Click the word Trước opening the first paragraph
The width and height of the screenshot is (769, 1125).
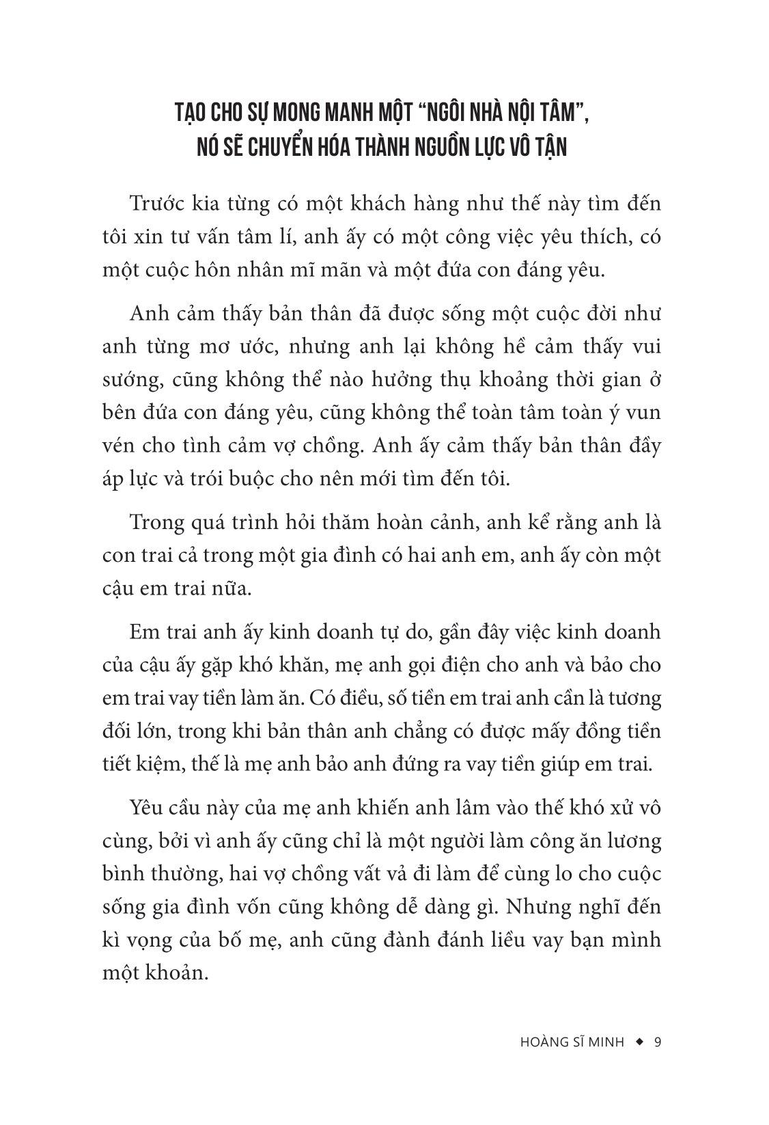pos(156,204)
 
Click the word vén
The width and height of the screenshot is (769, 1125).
pos(118,446)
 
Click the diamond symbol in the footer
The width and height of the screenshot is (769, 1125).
pos(639,1042)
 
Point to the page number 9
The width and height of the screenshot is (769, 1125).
pos(658,1043)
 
